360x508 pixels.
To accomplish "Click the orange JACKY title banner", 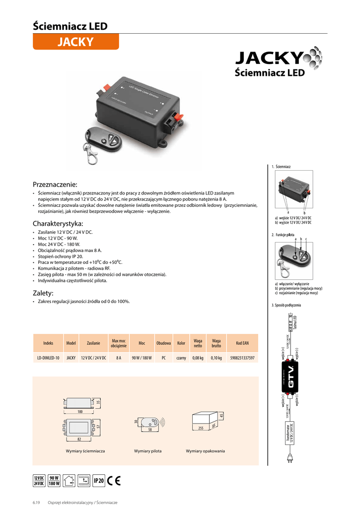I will [x=75, y=42].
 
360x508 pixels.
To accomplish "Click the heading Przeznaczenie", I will [x=55, y=184].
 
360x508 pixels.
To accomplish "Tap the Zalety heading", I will [x=43, y=293].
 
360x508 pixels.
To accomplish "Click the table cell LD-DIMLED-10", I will [x=48, y=358].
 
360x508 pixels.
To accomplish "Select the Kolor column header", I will [x=181, y=343].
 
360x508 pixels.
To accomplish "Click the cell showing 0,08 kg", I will [x=198, y=358].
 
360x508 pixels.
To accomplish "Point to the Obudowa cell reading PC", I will [x=163, y=358].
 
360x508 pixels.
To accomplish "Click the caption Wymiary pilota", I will [x=148, y=451].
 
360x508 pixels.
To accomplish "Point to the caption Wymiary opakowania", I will [x=205, y=451].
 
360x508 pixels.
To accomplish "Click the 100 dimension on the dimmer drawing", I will [x=80, y=412].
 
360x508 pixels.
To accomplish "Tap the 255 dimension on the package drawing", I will [x=201, y=428].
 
